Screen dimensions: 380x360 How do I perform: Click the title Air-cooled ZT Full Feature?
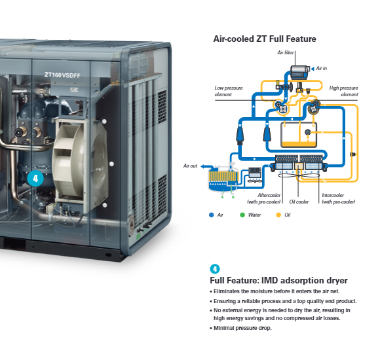pyautogui.click(x=265, y=39)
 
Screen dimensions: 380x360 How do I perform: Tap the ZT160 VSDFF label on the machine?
pyautogui.click(x=62, y=75)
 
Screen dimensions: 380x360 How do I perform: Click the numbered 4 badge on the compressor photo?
pyautogui.click(x=35, y=179)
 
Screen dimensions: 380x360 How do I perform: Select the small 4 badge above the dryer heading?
pyautogui.click(x=215, y=269)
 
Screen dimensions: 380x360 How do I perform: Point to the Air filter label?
pyautogui.click(x=286, y=52)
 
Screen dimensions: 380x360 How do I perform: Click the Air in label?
pyautogui.click(x=321, y=69)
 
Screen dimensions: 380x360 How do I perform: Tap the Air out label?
pyautogui.click(x=190, y=166)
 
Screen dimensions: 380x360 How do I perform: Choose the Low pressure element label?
pyautogui.click(x=229, y=91)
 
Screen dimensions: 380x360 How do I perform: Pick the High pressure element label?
pyautogui.click(x=343, y=91)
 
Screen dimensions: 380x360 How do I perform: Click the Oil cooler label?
pyautogui.click(x=299, y=202)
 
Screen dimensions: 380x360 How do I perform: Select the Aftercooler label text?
pyautogui.click(x=263, y=198)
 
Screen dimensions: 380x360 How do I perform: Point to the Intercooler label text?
pyautogui.click(x=339, y=198)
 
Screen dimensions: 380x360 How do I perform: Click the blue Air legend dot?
pyautogui.click(x=212, y=215)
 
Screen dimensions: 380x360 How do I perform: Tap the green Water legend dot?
pyautogui.click(x=242, y=215)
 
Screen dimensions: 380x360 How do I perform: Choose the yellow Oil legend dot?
pyautogui.click(x=278, y=215)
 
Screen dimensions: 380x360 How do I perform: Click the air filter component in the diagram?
pyautogui.click(x=300, y=72)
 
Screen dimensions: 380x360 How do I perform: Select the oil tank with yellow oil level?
pyautogui.click(x=299, y=135)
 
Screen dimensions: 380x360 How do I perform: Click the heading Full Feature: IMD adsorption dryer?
pyautogui.click(x=278, y=280)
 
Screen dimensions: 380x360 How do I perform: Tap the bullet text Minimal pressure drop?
pyautogui.click(x=242, y=328)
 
